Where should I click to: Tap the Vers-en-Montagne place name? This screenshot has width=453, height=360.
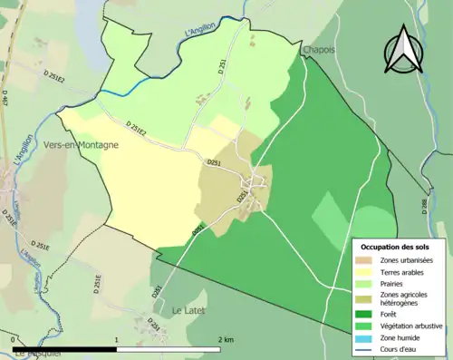[81, 143]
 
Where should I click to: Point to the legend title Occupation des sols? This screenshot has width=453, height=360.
[396, 247]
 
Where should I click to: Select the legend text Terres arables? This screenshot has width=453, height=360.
[406, 272]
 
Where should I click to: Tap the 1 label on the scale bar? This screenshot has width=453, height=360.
[116, 339]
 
